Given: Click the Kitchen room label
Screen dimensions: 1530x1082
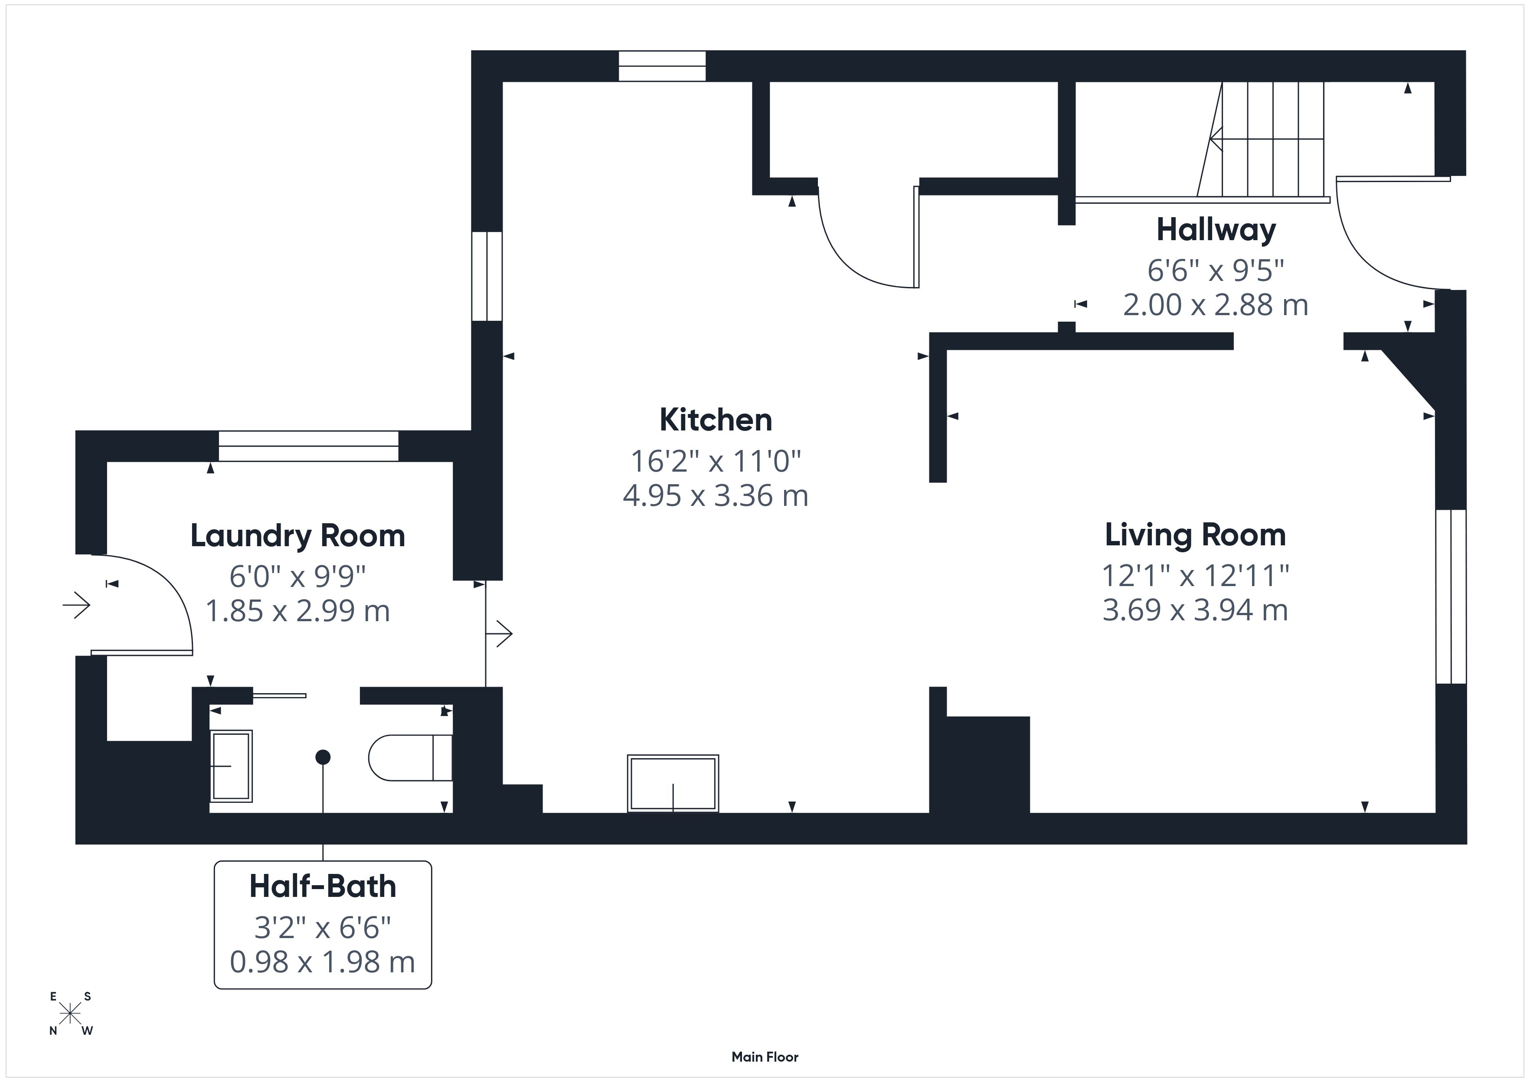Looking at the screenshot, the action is pyautogui.click(x=716, y=420).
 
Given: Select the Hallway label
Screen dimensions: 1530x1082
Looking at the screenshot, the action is pyautogui.click(x=1216, y=230).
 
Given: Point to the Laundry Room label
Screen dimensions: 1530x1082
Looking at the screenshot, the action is pyautogui.click(x=298, y=536).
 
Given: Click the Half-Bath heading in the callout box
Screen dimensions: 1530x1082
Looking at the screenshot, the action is pyautogui.click(x=323, y=886).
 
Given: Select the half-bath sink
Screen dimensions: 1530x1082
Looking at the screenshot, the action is pyautogui.click(x=231, y=766).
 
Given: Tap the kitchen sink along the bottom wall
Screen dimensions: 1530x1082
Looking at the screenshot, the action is pyautogui.click(x=673, y=783).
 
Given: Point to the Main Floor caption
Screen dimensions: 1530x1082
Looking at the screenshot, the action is pyautogui.click(x=765, y=1057).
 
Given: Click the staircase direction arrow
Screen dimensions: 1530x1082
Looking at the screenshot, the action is pyautogui.click(x=1266, y=139).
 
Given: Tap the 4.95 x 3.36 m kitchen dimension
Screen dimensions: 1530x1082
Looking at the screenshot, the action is pyautogui.click(x=716, y=495).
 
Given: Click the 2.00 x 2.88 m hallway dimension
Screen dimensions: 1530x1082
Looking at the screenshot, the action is pyautogui.click(x=1216, y=305).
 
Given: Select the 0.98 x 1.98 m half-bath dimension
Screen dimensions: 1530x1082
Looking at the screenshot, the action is pyautogui.click(x=323, y=962).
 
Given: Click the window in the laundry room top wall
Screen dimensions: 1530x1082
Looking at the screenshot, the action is pyautogui.click(x=308, y=446).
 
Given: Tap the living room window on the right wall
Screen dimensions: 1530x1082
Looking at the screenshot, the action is pyautogui.click(x=1451, y=596).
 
